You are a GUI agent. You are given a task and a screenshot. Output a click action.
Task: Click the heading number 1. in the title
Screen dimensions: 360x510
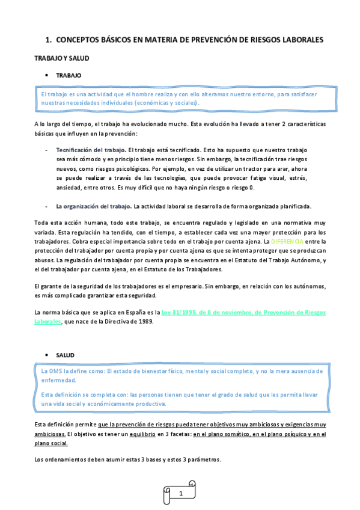pos(49,40)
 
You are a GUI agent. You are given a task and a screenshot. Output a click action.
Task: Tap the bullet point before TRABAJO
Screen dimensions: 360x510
pos(46,76)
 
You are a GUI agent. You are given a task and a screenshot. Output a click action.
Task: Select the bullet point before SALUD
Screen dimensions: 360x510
pos(46,355)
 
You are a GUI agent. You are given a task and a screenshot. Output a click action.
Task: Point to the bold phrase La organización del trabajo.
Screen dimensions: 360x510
pos(94,206)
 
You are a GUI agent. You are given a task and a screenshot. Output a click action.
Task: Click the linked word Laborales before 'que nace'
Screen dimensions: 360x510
pos(47,322)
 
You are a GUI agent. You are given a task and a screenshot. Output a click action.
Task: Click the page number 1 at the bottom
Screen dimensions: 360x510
pos(180,493)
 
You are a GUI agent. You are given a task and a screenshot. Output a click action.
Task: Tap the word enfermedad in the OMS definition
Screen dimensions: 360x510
pos(58,380)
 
